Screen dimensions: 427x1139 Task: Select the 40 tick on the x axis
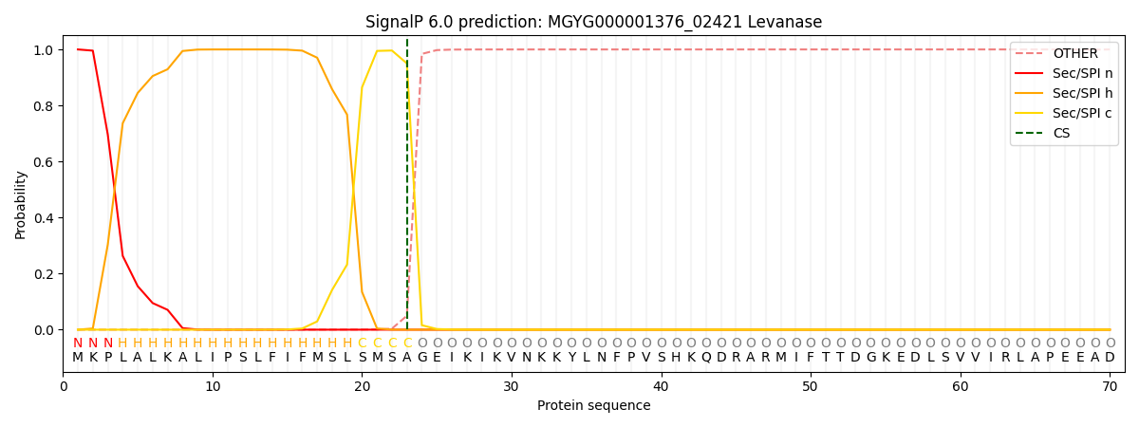click(x=661, y=386)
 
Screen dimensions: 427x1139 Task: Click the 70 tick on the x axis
click(x=1110, y=386)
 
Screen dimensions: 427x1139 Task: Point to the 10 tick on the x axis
click(x=213, y=386)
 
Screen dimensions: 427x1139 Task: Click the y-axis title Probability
click(x=21, y=204)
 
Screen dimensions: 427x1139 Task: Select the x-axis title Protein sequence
click(x=593, y=406)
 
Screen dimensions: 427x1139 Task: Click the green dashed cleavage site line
click(x=407, y=190)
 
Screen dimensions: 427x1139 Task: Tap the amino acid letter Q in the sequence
click(x=706, y=358)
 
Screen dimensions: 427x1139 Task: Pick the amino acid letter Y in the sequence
click(x=571, y=358)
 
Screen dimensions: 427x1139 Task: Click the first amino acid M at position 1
click(x=78, y=358)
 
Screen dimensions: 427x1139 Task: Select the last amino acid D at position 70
click(x=1110, y=358)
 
